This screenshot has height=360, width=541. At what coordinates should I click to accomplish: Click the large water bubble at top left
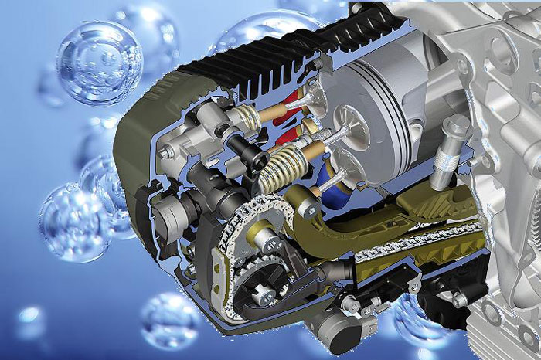pos(98,62)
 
